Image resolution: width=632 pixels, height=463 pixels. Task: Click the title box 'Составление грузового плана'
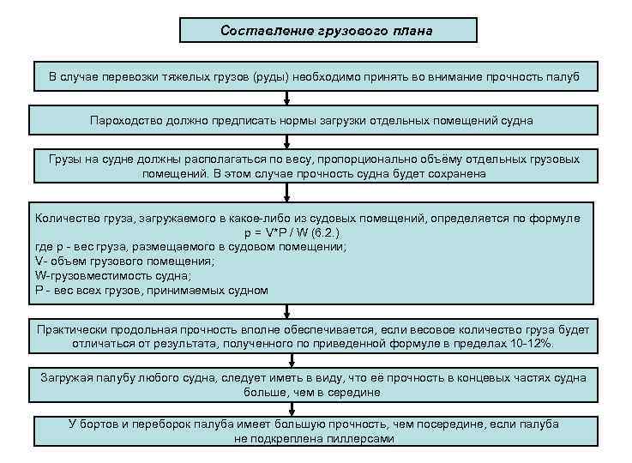coord(328,31)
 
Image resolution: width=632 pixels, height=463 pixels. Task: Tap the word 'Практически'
coord(75,329)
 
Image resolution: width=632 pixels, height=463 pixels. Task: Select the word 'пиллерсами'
coord(361,438)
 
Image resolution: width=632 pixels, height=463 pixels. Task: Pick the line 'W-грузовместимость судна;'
coord(113,275)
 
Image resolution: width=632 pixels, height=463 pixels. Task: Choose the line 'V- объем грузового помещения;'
coord(124,261)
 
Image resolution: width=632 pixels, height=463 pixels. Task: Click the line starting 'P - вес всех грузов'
coord(152,290)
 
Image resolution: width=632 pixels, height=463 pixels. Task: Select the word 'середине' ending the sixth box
coord(356,392)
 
